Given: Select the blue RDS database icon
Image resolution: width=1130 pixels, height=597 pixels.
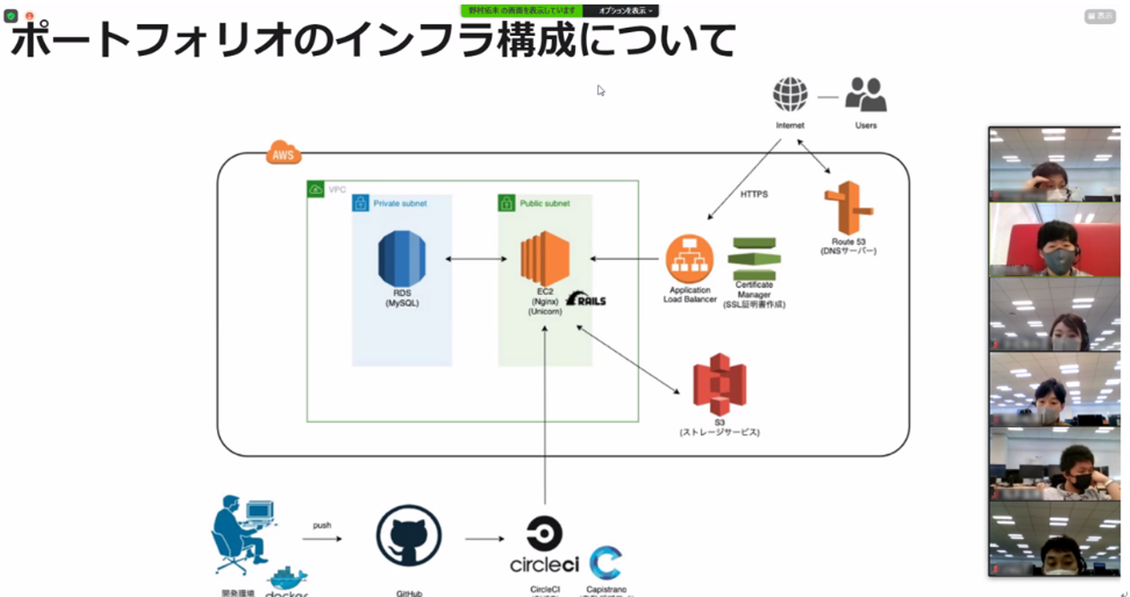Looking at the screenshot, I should coord(402,259).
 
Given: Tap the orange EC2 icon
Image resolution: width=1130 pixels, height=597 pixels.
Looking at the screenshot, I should coord(545,259).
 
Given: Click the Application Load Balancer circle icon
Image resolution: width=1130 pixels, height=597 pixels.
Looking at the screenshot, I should coord(689,260).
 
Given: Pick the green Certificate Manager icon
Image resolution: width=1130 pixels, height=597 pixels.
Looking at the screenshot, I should coord(753,258).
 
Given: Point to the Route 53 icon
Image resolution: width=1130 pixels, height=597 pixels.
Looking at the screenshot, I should coord(848,209).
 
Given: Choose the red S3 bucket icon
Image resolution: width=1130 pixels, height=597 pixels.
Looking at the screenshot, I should coord(720,384).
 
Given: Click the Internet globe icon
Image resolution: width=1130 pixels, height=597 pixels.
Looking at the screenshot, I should coord(790,94).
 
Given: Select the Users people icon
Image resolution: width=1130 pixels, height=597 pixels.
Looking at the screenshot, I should coord(866,94).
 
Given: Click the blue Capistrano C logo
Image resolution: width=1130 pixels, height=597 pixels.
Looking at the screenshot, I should coord(606,562).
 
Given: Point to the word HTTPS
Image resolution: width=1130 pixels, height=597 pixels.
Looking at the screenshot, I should coord(754,194).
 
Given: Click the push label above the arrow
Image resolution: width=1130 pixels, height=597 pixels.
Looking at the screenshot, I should coord(323,525).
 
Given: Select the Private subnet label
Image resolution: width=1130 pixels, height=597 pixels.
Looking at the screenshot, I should coord(400,203).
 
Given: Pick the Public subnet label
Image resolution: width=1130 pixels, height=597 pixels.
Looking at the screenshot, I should coord(545,203).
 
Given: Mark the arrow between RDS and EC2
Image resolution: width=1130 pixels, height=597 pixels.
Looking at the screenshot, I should coord(476,260).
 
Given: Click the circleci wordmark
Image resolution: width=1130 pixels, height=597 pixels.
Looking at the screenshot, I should coord(545,563).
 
